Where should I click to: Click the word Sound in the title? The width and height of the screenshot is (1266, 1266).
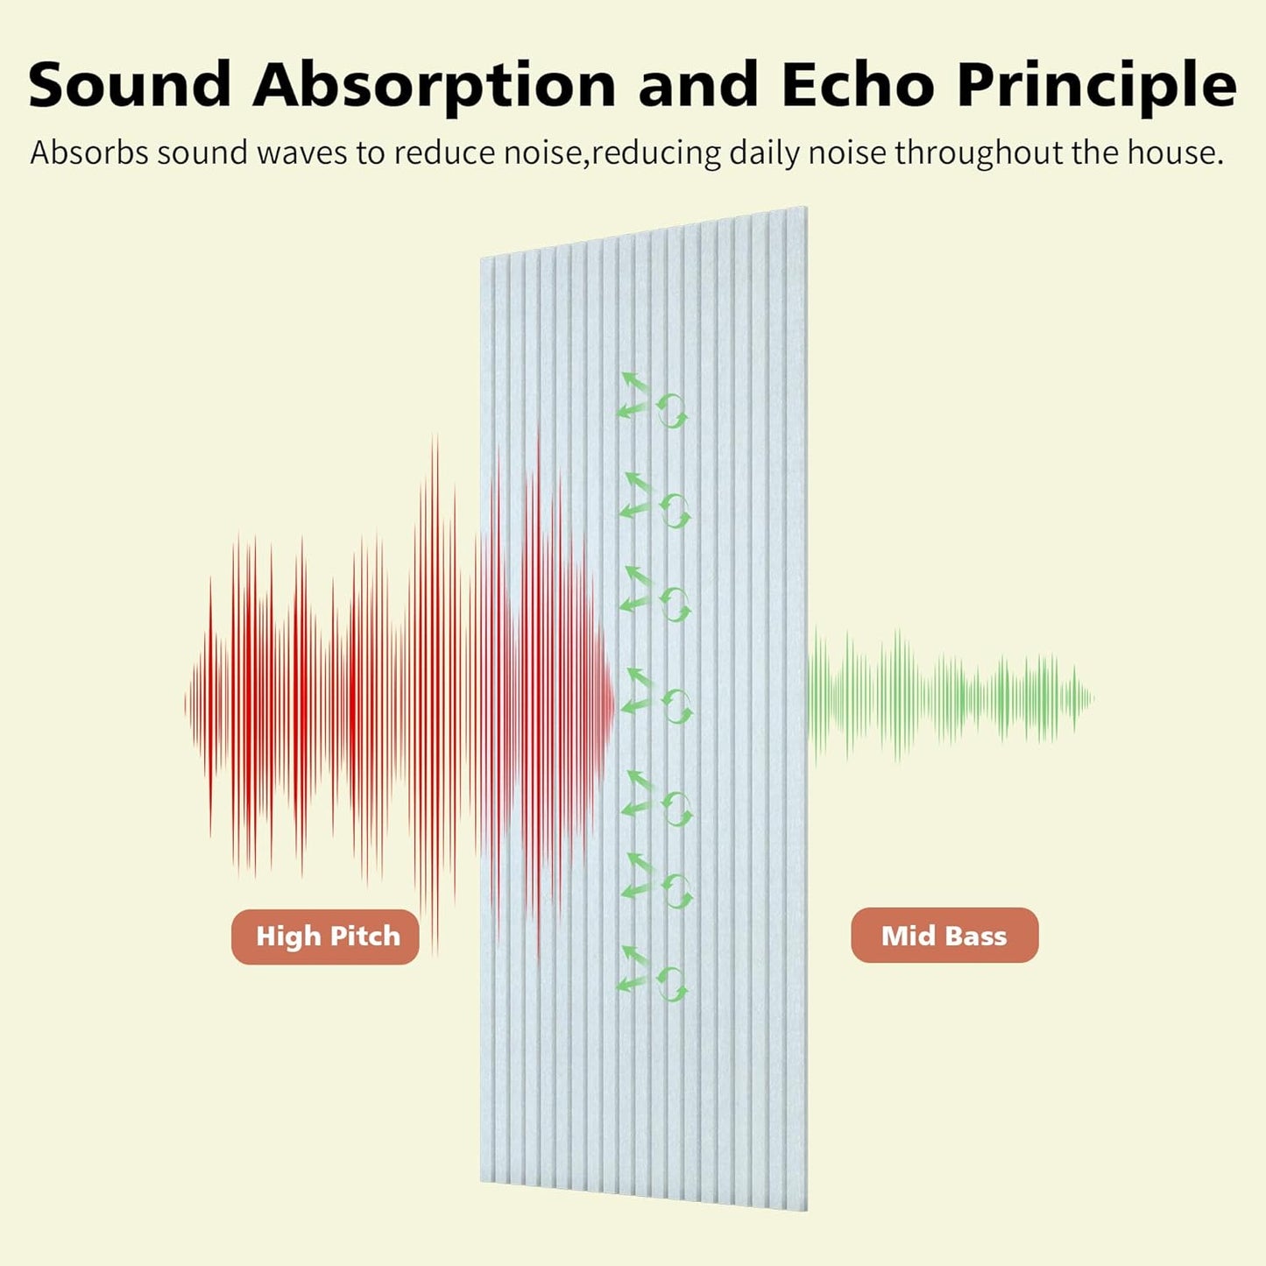click(x=130, y=85)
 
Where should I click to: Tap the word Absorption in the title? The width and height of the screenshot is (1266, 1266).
click(x=435, y=85)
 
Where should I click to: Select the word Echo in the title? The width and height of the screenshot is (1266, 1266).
click(x=857, y=85)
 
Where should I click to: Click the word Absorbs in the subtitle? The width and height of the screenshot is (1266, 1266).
click(x=89, y=153)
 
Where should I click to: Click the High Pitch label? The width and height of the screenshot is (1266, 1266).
click(x=326, y=937)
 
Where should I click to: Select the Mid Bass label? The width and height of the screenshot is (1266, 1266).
click(x=944, y=936)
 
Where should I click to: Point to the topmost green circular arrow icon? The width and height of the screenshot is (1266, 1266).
click(x=673, y=409)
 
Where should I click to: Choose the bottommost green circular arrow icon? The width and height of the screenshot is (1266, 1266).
click(x=672, y=984)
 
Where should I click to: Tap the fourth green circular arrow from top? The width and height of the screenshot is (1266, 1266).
click(x=676, y=706)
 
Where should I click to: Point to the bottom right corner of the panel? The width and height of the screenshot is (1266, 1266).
click(x=805, y=1209)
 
